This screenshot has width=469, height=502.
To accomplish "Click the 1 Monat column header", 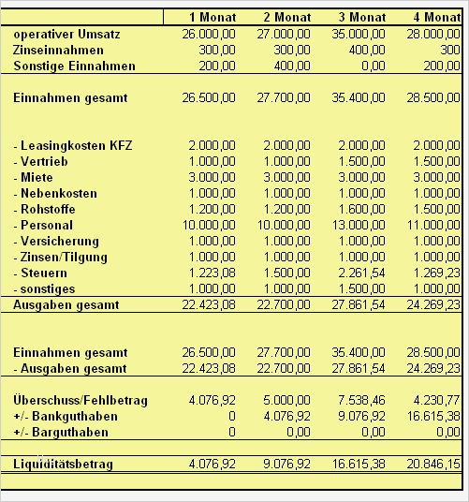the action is coord(213,18).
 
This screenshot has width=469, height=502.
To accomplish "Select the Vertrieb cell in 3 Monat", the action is coord(363,161).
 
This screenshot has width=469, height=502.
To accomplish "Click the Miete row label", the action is coord(37,177).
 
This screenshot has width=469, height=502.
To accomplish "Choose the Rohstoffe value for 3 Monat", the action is coord(363,209).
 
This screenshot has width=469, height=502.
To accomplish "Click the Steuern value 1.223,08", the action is coord(213,273).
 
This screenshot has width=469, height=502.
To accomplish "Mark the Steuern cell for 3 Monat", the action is coord(363,273).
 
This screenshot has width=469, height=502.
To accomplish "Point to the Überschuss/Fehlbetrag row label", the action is coord(81,400).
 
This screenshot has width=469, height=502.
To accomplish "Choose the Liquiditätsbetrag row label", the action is coord(63,464).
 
